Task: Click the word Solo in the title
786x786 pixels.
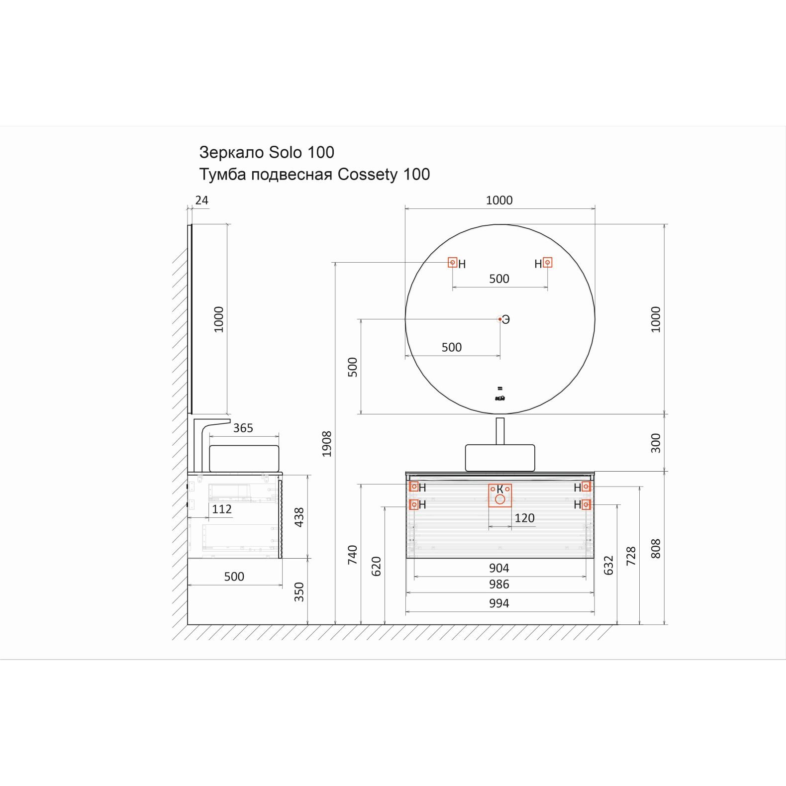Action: click(285, 152)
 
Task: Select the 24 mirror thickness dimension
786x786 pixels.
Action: click(201, 200)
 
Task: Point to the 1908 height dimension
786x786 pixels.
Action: click(326, 444)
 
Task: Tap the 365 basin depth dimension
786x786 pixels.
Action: click(243, 428)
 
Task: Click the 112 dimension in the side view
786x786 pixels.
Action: click(222, 509)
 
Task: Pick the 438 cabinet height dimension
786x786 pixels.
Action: click(299, 517)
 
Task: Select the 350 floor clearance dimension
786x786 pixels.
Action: click(299, 592)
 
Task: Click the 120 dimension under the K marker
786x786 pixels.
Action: click(524, 518)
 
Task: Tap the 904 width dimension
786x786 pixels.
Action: click(499, 568)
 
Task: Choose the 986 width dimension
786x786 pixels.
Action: click(499, 584)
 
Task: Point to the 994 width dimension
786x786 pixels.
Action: click(499, 603)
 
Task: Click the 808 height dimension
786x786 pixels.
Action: click(656, 549)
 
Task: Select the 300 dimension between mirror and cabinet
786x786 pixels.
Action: click(656, 443)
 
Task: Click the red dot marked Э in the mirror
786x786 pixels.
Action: click(500, 319)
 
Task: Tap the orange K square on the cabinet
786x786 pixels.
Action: click(500, 495)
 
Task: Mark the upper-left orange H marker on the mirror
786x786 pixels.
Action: click(452, 262)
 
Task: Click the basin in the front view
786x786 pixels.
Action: click(500, 458)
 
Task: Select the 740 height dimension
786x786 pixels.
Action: click(352, 555)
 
